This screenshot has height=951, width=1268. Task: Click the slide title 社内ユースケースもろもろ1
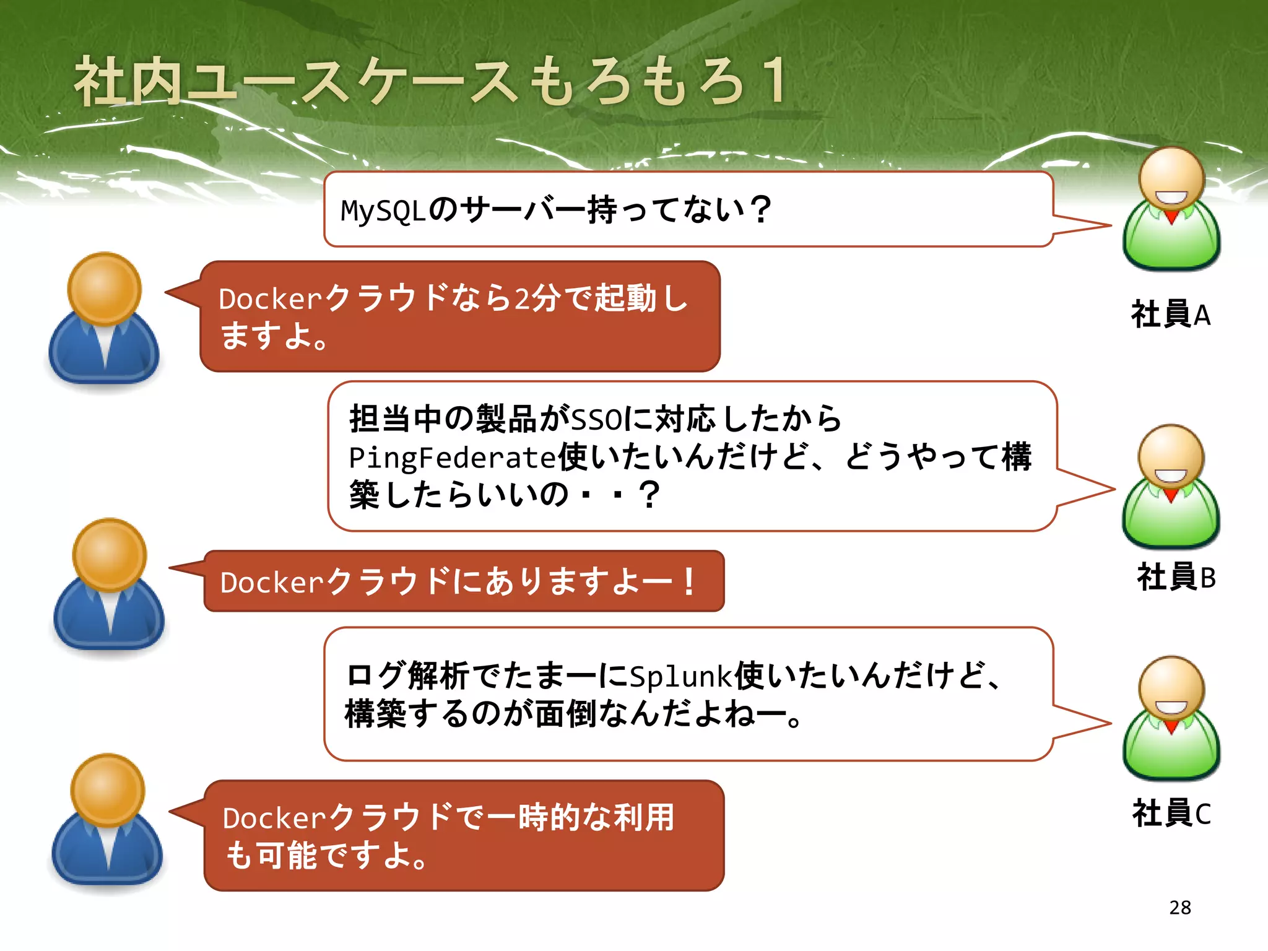point(430,82)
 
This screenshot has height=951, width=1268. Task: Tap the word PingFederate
point(453,458)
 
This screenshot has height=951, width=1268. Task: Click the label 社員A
point(1170,315)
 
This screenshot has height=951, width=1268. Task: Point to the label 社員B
point(1176,577)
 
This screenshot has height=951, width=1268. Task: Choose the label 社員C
point(1171,813)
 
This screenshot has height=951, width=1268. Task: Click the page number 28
point(1180,907)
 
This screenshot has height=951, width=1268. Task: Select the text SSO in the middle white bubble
point(596,420)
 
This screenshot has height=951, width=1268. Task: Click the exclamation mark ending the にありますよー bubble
point(688,582)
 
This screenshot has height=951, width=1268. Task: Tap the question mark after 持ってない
point(759,209)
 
